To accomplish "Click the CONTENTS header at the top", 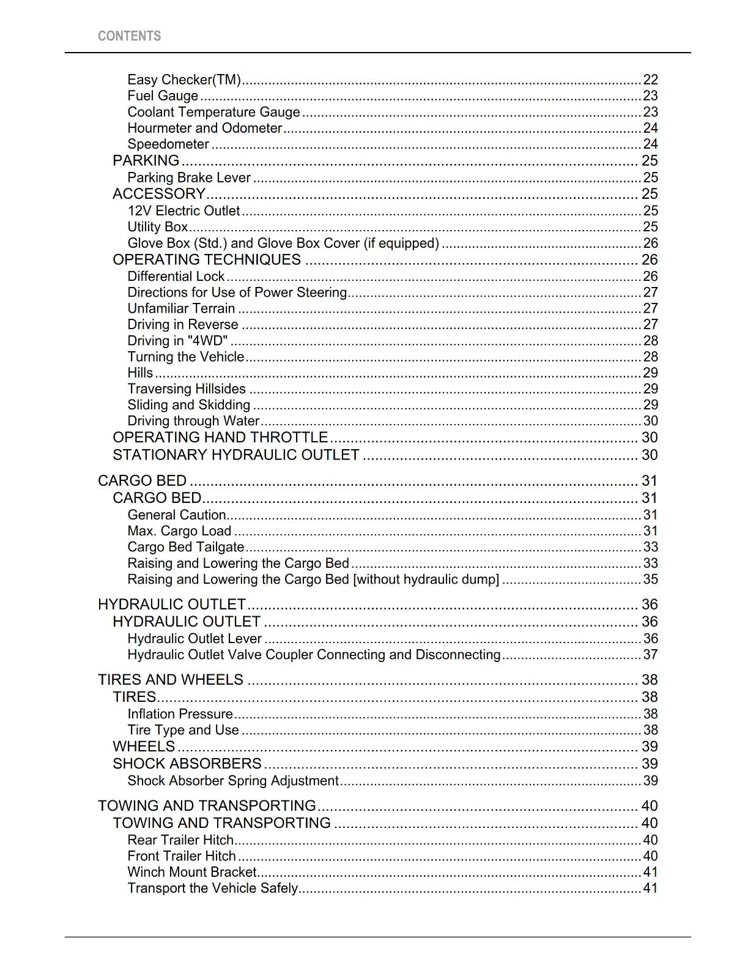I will (129, 36).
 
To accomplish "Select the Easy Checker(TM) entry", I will (183, 80).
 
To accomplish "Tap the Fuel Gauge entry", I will (163, 95).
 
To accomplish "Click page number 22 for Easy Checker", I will (650, 80).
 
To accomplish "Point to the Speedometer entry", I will (168, 144).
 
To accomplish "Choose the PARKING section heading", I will (146, 160).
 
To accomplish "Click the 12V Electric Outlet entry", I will (183, 210).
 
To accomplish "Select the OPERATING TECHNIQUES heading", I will (207, 259).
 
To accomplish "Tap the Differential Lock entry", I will (176, 276).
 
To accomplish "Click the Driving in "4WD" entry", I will (177, 340).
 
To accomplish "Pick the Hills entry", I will (140, 373).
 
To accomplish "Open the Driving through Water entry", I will (193, 421).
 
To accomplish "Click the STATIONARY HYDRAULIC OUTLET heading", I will (235, 455).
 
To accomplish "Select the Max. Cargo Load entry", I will (179, 531).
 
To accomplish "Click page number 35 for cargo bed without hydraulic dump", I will (650, 579).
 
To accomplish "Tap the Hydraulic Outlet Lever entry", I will (195, 639).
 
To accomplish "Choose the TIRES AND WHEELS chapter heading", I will (171, 680).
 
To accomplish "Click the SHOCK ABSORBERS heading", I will (187, 764).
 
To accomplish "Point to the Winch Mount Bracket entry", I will (191, 872).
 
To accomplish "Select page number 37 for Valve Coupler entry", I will (650, 655).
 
